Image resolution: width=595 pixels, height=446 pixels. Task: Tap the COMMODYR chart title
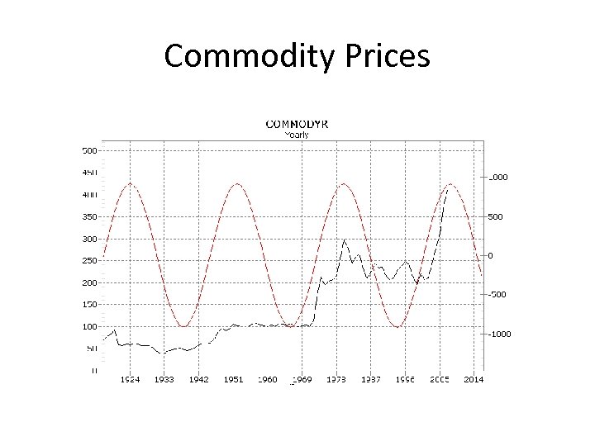point(296,124)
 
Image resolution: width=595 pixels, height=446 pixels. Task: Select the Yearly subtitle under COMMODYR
point(296,133)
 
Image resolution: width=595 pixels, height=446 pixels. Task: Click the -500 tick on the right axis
point(497,294)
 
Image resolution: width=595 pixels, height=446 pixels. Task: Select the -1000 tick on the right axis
point(497,334)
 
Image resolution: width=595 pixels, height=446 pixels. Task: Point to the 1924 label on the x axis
point(130,380)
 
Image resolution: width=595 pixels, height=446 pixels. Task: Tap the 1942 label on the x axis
point(198,380)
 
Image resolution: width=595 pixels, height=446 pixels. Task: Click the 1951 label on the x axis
point(233,380)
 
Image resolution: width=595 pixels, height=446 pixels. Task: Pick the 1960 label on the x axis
point(268,380)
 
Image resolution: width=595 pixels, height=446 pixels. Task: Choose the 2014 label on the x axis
point(474,380)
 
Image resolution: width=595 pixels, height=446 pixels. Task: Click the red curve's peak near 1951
point(237,183)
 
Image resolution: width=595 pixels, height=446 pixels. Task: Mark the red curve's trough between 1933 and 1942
point(184,326)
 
